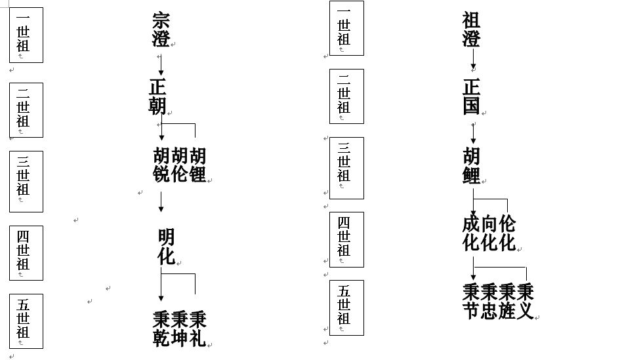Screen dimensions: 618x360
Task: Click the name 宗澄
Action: (161, 30)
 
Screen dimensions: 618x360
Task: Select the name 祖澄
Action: (472, 30)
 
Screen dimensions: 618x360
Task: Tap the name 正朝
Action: (157, 97)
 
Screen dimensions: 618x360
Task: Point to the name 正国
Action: (472, 97)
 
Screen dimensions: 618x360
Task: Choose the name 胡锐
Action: (161, 165)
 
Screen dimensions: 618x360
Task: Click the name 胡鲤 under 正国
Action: (472, 165)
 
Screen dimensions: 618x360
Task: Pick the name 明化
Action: (167, 247)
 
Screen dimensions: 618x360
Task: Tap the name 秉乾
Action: (161, 329)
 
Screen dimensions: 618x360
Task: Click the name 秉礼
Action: (198, 329)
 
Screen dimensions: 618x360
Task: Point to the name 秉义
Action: (525, 302)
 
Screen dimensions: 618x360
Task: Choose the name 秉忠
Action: (489, 302)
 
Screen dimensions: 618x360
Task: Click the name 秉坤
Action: (180, 329)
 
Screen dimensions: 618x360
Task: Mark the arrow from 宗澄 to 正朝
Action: (161, 65)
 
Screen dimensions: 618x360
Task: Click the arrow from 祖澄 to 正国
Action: (474, 59)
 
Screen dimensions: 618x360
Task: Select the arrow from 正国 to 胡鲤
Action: (474, 133)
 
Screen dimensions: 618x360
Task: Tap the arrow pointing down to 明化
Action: (161, 202)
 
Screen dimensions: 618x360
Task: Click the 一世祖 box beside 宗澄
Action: (26, 35)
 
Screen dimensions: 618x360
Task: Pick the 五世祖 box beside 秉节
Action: (346, 308)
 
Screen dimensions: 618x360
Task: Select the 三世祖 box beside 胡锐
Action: (26, 182)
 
